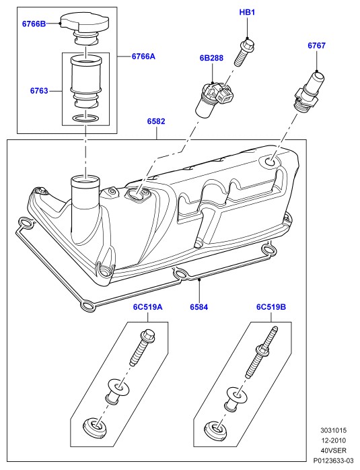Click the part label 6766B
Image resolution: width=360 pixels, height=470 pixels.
pyautogui.click(x=34, y=24)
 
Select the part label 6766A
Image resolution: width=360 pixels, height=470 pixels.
pyautogui.click(x=143, y=56)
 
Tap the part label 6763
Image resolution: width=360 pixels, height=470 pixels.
pyautogui.click(x=39, y=90)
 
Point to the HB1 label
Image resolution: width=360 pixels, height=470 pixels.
pyautogui.click(x=247, y=12)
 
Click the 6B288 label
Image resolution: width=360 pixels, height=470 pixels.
pyautogui.click(x=211, y=58)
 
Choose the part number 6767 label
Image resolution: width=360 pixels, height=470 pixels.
pyautogui.click(x=316, y=46)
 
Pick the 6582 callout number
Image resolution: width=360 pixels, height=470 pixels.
pyautogui.click(x=156, y=121)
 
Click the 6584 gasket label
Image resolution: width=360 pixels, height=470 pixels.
pyautogui.click(x=199, y=307)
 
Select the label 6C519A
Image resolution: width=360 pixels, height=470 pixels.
pyautogui.click(x=148, y=307)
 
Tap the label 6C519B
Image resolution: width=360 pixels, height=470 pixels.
pyautogui.click(x=271, y=307)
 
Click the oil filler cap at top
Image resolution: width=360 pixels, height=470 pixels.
pyautogui.click(x=85, y=29)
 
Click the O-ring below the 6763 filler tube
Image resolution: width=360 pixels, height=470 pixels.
pyautogui.click(x=85, y=119)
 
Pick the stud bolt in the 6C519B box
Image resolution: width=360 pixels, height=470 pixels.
pyautogui.click(x=261, y=353)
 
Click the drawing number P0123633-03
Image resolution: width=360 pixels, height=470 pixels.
pyautogui.click(x=330, y=460)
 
